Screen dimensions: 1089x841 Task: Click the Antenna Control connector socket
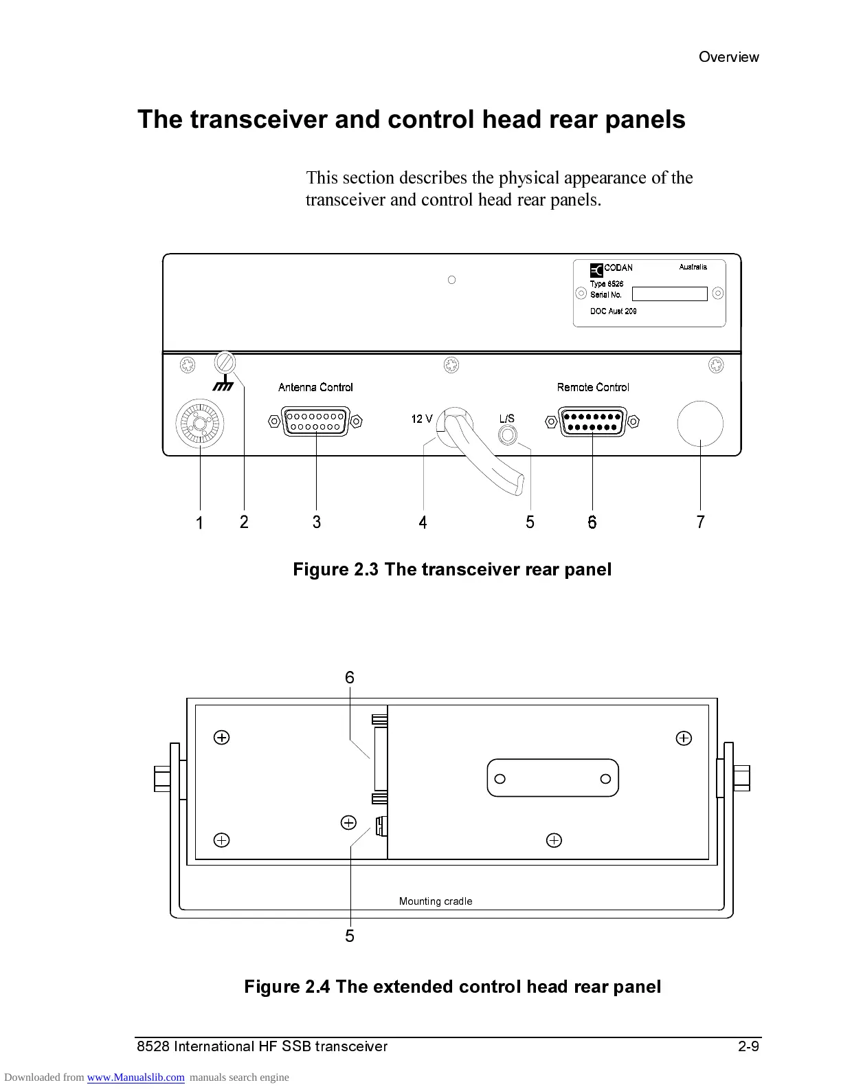point(316,421)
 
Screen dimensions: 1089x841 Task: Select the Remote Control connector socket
point(593,421)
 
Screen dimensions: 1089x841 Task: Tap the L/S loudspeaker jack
point(507,435)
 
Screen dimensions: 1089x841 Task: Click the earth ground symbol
point(223,385)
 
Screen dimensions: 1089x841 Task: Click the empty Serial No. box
point(669,294)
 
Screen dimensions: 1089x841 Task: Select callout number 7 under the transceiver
point(700,522)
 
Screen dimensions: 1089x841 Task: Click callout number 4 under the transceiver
point(423,523)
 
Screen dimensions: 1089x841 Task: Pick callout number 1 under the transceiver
point(199,523)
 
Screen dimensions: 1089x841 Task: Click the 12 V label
point(422,419)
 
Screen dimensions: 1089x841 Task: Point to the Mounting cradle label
point(436,901)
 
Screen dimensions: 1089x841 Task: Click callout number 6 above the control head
point(350,678)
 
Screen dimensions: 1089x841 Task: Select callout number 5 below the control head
point(350,936)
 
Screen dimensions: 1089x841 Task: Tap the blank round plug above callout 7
point(700,423)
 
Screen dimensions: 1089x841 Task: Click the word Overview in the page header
point(728,57)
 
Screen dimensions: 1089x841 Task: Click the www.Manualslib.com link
point(135,1077)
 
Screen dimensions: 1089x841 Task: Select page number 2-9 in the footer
point(748,1046)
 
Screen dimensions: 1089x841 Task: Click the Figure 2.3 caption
point(452,569)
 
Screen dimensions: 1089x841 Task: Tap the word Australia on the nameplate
point(693,267)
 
